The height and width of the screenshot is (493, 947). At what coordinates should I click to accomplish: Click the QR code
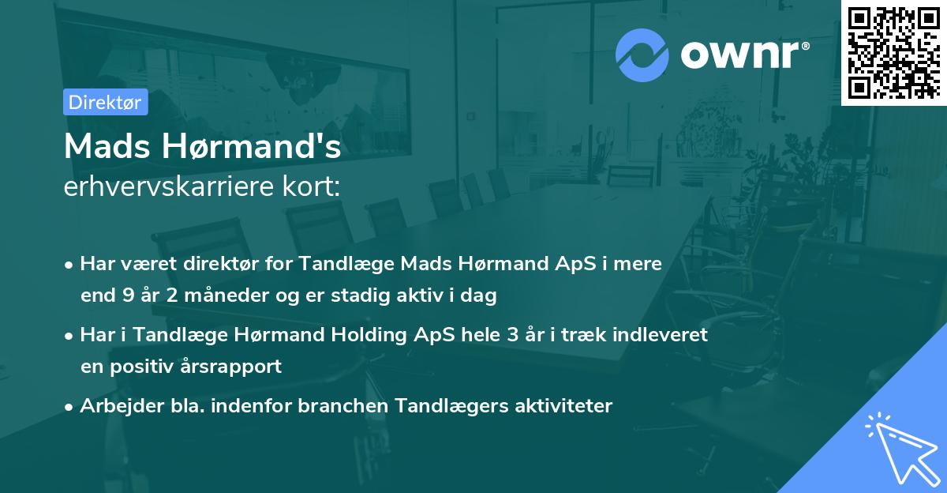pos(894,53)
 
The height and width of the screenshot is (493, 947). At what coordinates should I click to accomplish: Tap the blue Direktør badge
pos(105,102)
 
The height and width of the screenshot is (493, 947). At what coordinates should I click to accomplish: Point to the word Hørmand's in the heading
pos(252,146)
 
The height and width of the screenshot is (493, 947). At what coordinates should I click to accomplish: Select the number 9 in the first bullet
pos(128,295)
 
